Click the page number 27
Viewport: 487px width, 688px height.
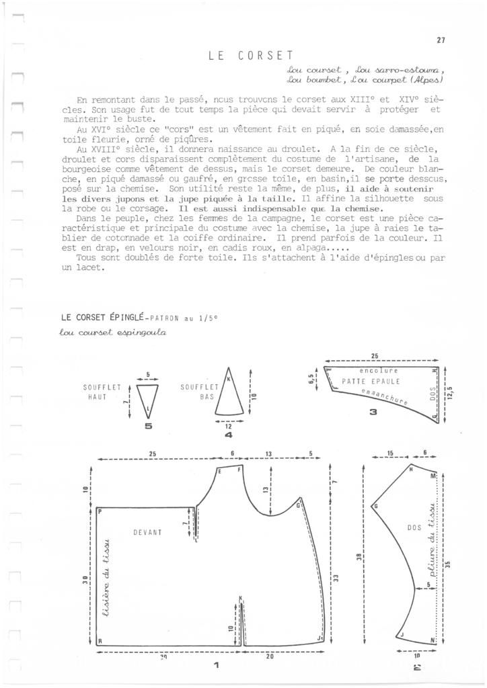tap(441, 40)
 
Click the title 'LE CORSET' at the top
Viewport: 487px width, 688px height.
tap(250, 56)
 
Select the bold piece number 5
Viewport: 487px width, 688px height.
tap(149, 425)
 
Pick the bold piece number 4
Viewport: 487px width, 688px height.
tap(229, 435)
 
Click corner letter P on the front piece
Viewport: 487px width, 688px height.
tap(100, 512)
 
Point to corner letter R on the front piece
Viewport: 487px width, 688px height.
tap(100, 641)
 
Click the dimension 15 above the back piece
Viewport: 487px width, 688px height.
tap(391, 454)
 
